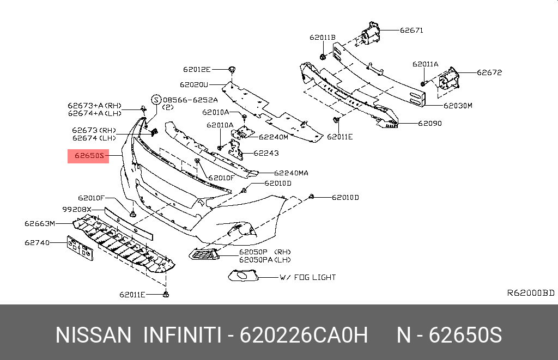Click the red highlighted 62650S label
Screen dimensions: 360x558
tap(88, 156)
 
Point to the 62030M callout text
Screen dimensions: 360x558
tap(457, 106)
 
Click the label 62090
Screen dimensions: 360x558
tap(430, 124)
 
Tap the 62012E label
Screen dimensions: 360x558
tap(197, 69)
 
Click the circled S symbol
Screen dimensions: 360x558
tap(156, 100)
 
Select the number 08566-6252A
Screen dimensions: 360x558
tap(190, 100)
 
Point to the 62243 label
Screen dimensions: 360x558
tap(269, 154)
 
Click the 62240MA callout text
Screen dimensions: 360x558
tap(291, 173)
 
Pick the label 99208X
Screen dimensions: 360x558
tap(76, 209)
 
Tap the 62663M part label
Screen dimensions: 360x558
tap(40, 223)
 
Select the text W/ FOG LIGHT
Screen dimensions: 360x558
tap(307, 277)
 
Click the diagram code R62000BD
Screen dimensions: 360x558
tap(530, 293)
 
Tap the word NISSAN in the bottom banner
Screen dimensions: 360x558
tap(93, 335)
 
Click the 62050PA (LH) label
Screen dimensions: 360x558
tap(265, 260)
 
